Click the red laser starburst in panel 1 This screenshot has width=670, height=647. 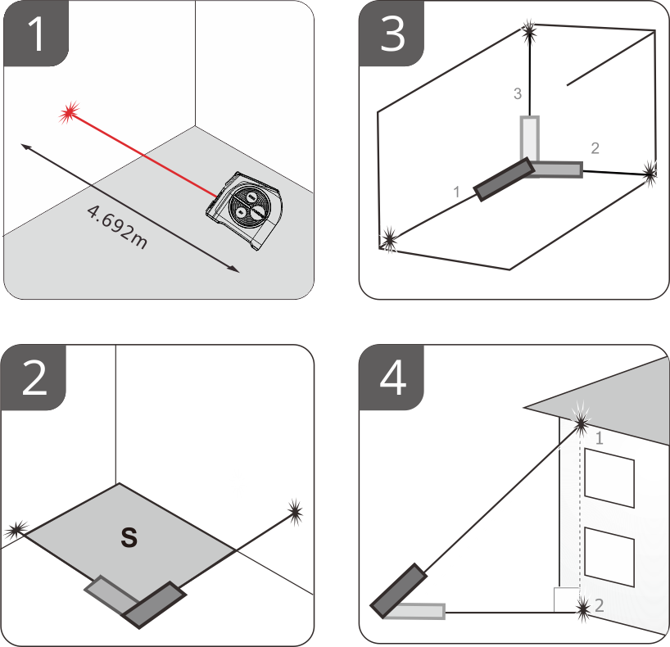click(x=69, y=112)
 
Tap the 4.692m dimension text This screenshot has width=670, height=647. click(x=117, y=227)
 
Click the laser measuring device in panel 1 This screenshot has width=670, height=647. click(x=244, y=210)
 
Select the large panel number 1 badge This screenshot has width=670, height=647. click(x=36, y=34)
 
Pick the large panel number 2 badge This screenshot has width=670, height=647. click(x=34, y=378)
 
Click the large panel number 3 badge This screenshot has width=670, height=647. click(x=392, y=34)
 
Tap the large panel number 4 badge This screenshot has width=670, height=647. click(x=392, y=378)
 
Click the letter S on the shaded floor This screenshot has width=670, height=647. click(x=129, y=537)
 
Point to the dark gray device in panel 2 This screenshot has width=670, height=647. click(x=154, y=604)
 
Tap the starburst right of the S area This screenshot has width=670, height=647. click(x=295, y=511)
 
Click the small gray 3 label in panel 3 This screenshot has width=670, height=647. click(x=518, y=93)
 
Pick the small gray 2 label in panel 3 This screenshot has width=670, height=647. click(x=595, y=148)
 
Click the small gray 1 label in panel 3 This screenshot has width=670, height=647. click(x=457, y=192)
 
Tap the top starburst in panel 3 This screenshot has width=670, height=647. click(x=529, y=30)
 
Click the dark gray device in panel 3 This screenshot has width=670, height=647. click(x=505, y=179)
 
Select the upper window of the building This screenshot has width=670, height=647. click(x=609, y=477)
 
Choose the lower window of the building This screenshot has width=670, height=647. click(x=609, y=557)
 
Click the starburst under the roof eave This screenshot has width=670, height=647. click(x=581, y=423)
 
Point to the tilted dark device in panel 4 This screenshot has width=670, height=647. click(x=399, y=591)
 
